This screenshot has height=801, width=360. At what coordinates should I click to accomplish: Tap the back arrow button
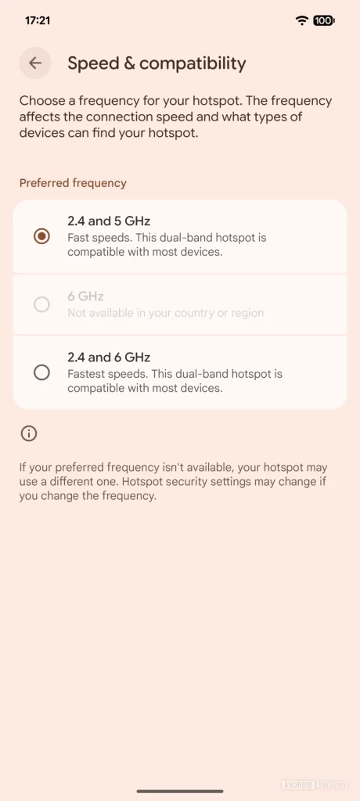35,63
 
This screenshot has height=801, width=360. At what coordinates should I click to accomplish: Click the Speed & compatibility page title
157,63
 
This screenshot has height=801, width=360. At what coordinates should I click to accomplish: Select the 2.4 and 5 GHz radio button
42,235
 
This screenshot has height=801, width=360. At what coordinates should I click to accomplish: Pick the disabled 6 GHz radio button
42,304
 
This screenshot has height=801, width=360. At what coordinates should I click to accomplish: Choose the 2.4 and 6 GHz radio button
42,372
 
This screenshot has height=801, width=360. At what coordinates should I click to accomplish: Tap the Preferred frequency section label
73,183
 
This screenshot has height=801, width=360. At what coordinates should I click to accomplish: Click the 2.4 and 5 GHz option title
109,221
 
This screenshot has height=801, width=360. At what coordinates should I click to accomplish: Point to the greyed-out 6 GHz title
85,296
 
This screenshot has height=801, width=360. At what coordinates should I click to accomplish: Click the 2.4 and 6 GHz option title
109,357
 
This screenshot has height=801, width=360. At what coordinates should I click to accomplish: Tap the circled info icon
29,433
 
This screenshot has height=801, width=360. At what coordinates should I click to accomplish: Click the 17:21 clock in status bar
38,20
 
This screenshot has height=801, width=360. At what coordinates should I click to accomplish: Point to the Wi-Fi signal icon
302,20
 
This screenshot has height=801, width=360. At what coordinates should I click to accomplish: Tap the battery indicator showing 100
323,20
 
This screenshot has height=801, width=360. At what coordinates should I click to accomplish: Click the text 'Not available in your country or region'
165,313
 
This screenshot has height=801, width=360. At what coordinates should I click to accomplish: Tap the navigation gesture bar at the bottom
180,791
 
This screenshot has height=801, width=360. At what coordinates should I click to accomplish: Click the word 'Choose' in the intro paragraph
41,101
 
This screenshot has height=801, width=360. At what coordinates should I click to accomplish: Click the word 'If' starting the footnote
23,468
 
